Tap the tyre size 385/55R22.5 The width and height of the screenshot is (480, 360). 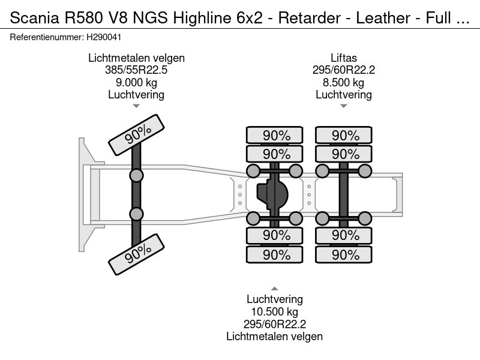[136, 70]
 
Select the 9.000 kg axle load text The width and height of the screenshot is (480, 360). [136, 82]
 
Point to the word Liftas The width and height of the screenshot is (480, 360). [344, 58]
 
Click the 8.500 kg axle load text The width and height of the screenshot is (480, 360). [344, 82]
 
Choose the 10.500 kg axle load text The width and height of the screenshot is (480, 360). [275, 312]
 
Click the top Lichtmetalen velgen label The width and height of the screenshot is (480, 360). [136, 58]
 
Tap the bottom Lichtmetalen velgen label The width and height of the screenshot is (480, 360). [275, 337]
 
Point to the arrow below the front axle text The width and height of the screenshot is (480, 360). [136, 106]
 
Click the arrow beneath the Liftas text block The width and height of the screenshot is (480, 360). [344, 106]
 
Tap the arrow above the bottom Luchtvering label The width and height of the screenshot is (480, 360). [275, 288]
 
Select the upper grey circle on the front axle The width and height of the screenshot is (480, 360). [137, 176]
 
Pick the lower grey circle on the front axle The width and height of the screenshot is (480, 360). [137, 214]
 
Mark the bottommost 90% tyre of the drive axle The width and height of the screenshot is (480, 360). [276, 255]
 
